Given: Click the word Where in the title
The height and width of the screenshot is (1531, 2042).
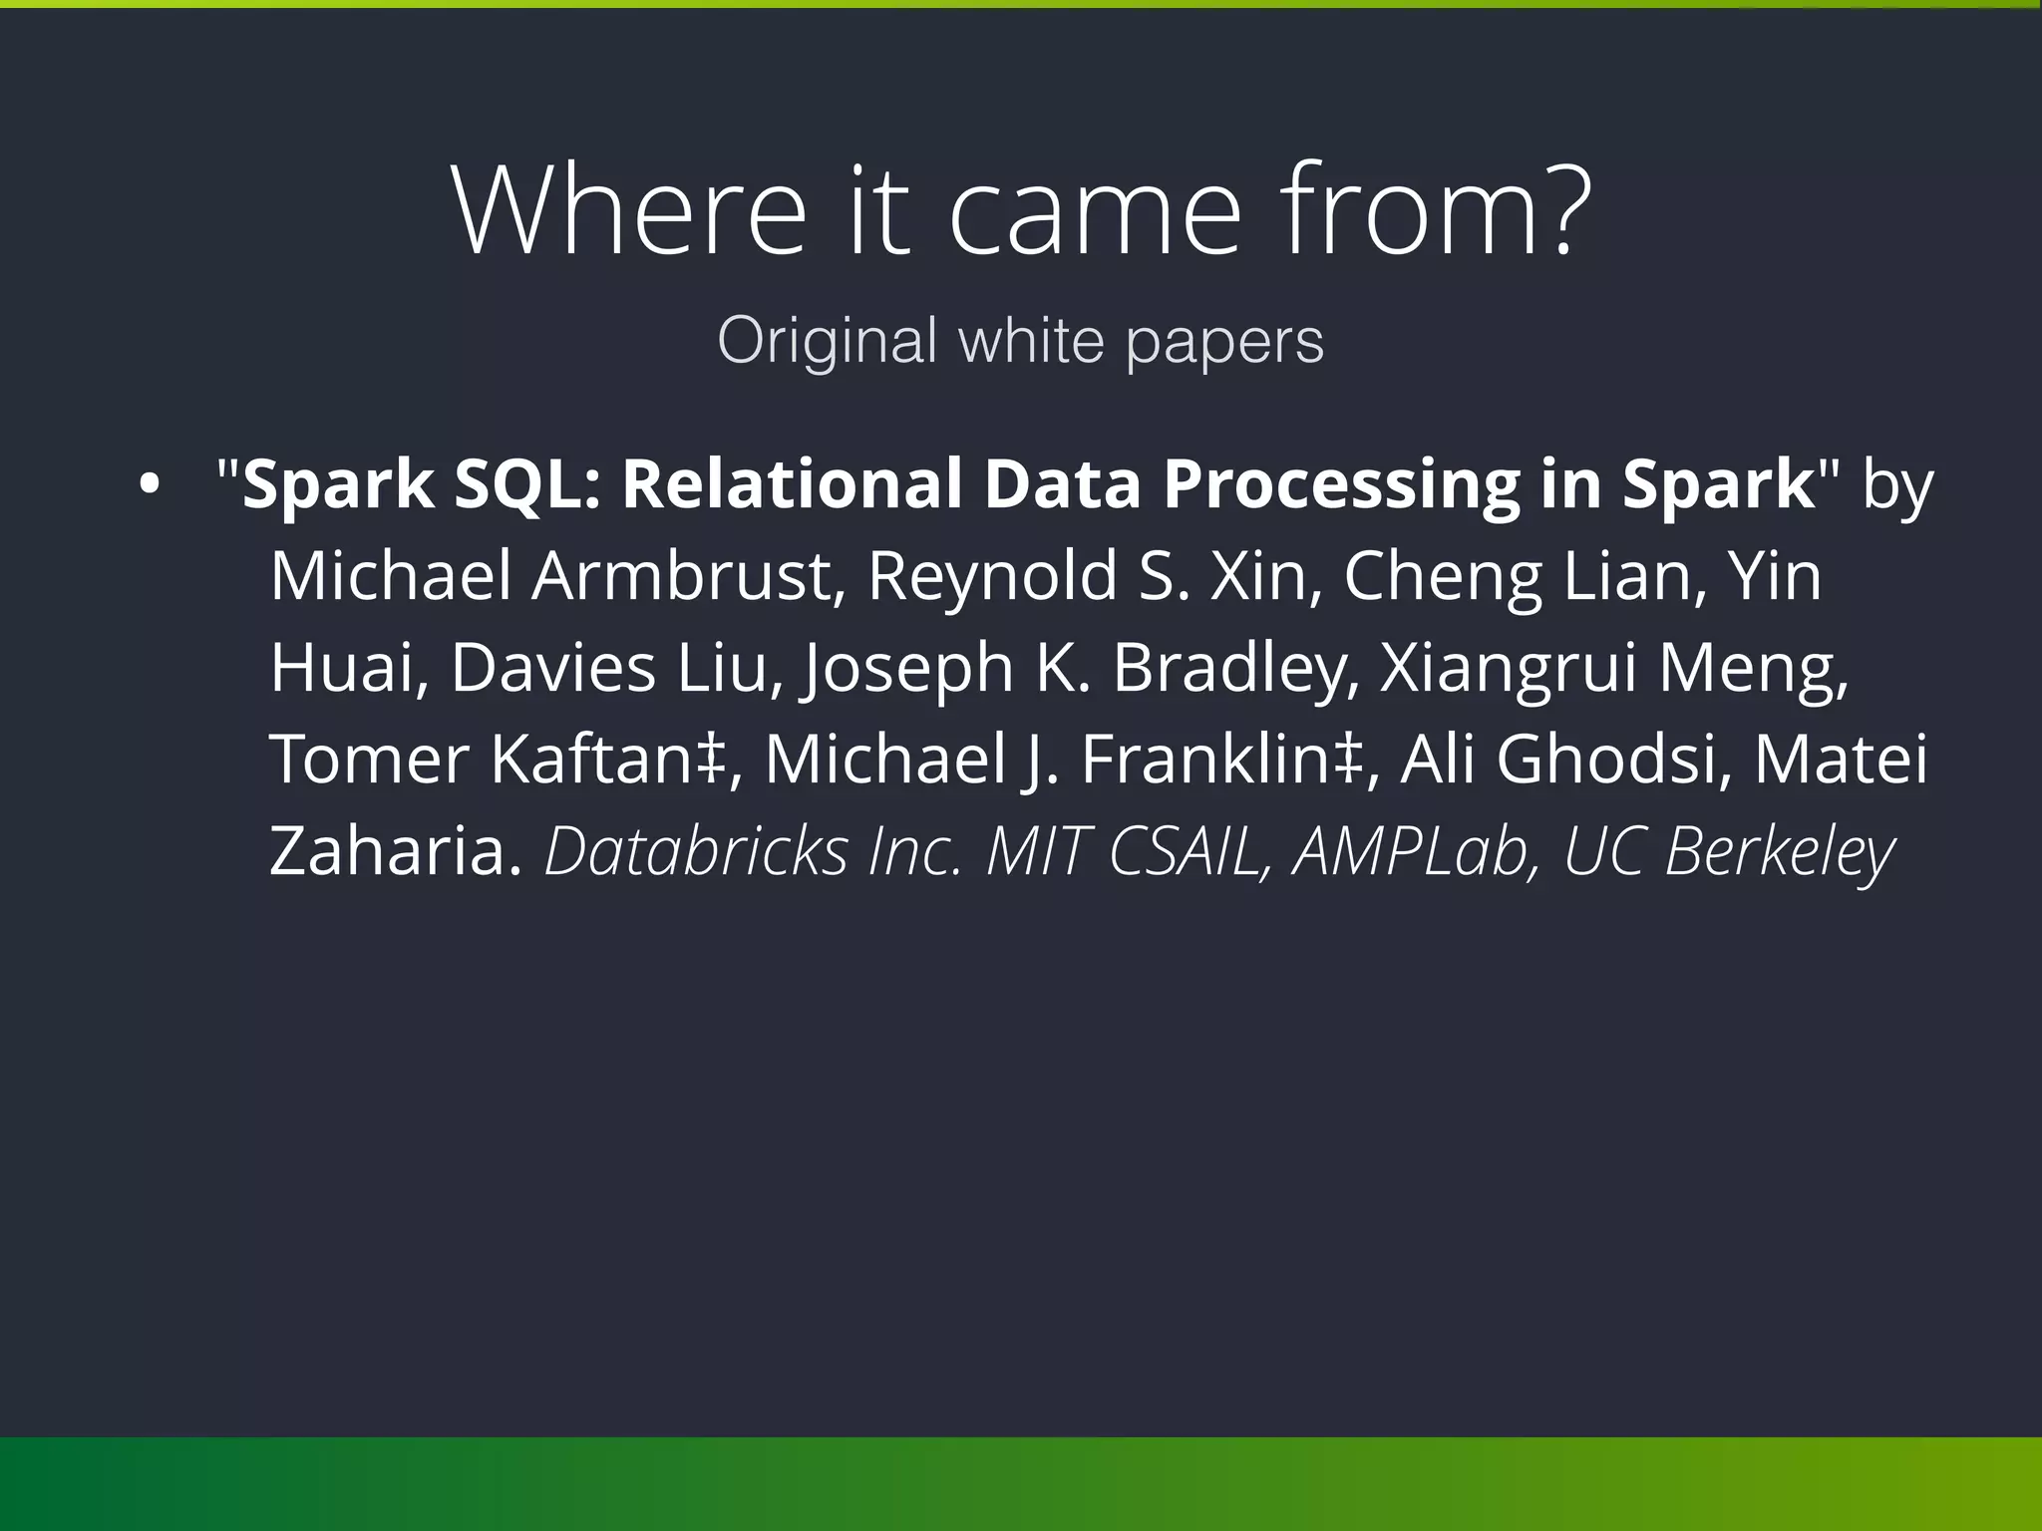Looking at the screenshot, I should coord(628,211).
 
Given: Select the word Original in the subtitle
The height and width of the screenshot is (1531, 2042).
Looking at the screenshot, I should coord(827,341).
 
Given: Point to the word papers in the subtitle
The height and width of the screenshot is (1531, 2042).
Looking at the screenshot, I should coord(1224,344).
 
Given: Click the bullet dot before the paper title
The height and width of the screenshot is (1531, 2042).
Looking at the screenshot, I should coord(149,485).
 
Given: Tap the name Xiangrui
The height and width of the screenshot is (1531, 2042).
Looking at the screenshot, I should coord(1508,669).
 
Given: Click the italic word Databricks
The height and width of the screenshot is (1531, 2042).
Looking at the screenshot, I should coord(696,852).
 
